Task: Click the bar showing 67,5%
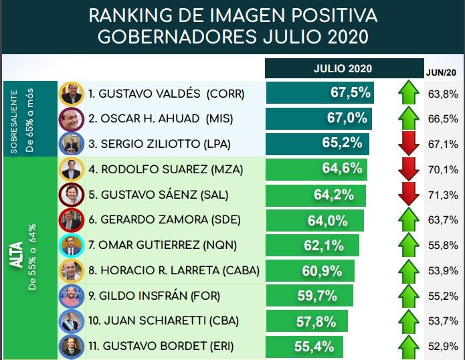point(319,93)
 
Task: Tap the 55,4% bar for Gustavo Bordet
point(304,347)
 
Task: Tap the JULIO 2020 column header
point(343,68)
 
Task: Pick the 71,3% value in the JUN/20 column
point(442,195)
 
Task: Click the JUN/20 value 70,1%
point(442,169)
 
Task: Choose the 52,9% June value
point(442,347)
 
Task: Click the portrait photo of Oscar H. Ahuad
point(71,118)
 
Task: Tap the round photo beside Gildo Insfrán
point(71,296)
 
